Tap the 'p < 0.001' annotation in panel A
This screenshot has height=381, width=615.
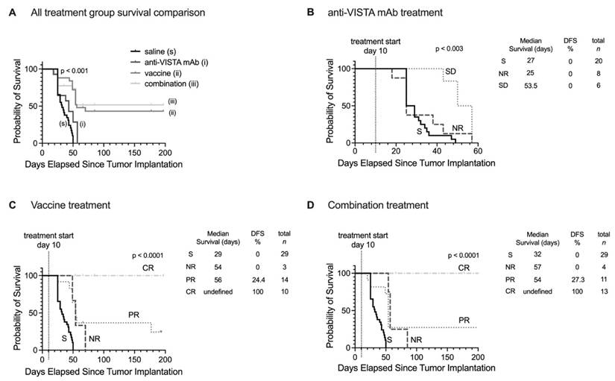pyautogui.click(x=75, y=72)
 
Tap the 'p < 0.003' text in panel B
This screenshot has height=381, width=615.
pyautogui.click(x=450, y=48)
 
